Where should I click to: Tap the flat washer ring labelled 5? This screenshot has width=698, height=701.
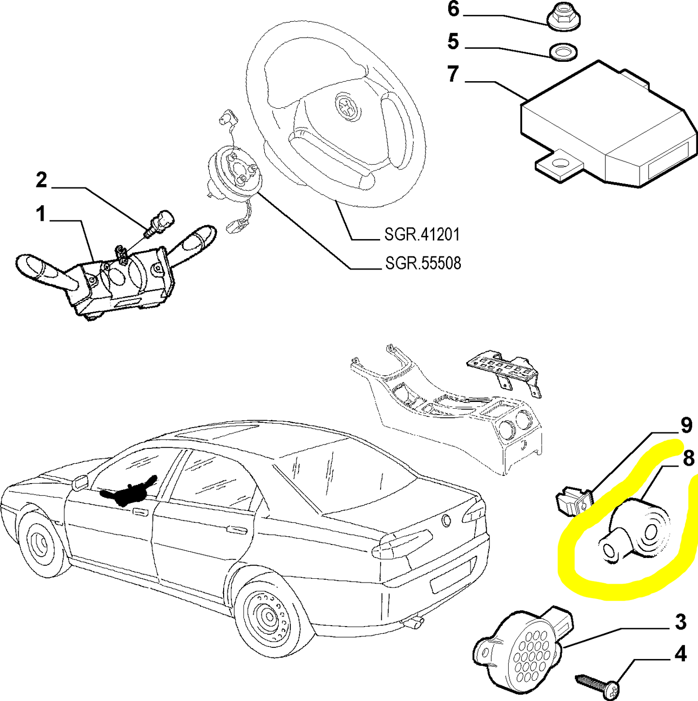coord(563,52)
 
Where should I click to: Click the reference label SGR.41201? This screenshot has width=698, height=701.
coord(422,235)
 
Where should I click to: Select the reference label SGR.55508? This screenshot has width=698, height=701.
coord(423,263)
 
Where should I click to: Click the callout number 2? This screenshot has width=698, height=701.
coord(42,180)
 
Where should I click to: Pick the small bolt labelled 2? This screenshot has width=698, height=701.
coord(159,223)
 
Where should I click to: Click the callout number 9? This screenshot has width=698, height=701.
coord(686,426)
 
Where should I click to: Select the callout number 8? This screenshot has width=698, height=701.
coord(688,459)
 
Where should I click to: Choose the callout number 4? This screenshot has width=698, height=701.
coord(681,654)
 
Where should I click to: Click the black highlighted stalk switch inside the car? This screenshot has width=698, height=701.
coord(128,488)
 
